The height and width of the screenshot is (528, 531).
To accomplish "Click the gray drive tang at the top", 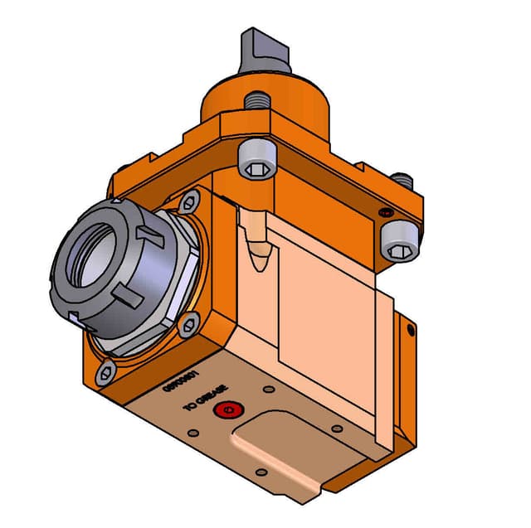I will click(x=265, y=49).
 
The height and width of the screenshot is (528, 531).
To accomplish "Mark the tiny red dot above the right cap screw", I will click(x=385, y=214).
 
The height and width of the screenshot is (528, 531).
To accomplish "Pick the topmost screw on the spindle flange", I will click(x=189, y=201).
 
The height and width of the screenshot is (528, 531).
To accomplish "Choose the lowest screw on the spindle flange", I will click(x=105, y=375).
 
